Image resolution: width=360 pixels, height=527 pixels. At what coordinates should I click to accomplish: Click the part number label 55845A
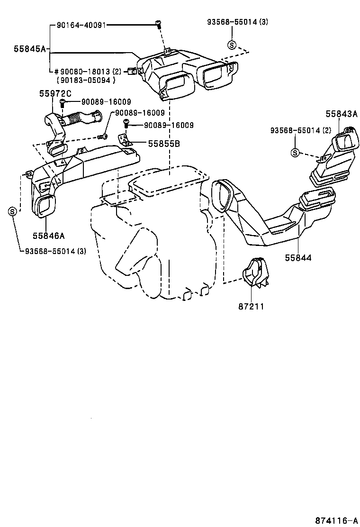point(29,48)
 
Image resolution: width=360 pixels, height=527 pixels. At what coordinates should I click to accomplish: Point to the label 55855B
point(164,143)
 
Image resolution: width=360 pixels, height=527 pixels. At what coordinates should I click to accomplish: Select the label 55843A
point(342,114)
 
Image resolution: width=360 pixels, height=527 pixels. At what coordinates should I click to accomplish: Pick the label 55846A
point(49,235)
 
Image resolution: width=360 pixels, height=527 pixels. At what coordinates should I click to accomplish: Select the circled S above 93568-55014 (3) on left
point(13,211)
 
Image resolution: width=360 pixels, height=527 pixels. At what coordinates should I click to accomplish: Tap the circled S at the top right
point(232,45)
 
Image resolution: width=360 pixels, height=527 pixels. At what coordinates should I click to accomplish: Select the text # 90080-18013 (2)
point(85,71)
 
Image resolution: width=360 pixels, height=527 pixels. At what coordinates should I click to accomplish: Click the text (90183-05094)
point(86,80)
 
